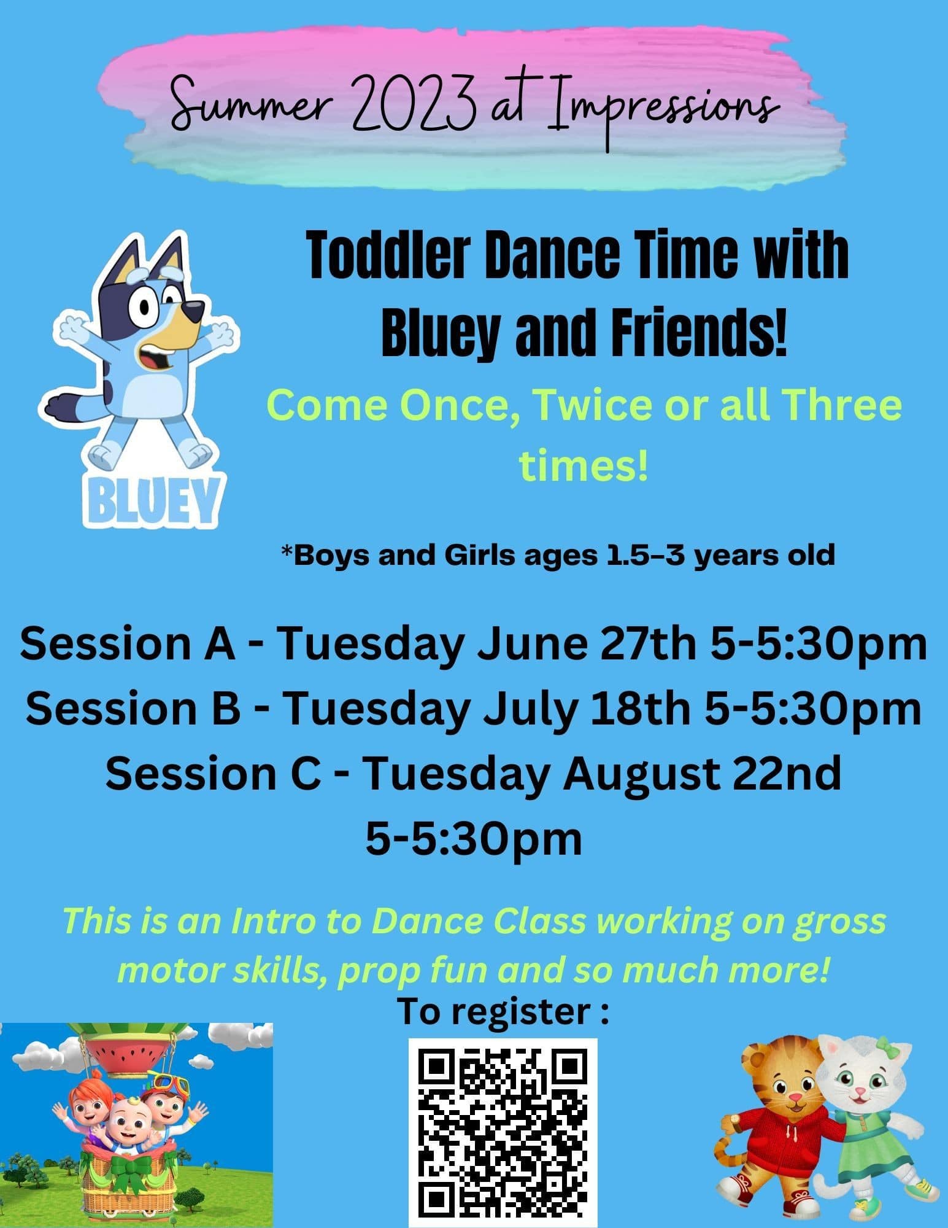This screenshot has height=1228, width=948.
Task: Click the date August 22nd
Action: pos(703,774)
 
